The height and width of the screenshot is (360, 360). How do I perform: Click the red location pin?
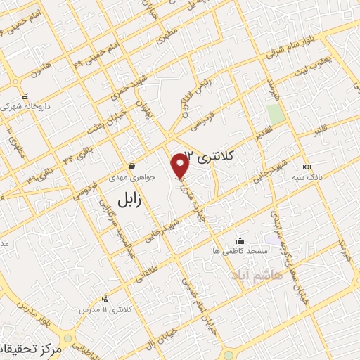[181, 166]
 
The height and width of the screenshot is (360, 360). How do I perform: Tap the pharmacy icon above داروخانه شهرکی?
[25, 97]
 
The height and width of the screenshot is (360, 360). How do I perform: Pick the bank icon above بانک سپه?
[306, 167]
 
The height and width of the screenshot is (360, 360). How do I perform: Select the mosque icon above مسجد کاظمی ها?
[240, 240]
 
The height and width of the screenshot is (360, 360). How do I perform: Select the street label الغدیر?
[256, 131]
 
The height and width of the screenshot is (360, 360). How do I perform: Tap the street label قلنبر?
[320, 129]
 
